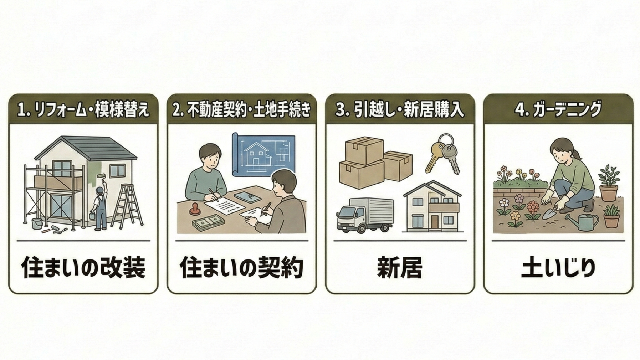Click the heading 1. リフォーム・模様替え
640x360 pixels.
pyautogui.click(x=83, y=110)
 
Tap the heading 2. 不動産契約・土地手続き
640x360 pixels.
pyautogui.click(x=241, y=110)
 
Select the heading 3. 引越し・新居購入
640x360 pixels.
pyautogui.click(x=400, y=110)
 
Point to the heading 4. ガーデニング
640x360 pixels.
pyautogui.click(x=558, y=110)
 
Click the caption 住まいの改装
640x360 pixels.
pyautogui.click(x=83, y=268)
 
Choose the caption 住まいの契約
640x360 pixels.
pyautogui.click(x=241, y=268)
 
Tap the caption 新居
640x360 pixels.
pyautogui.click(x=400, y=268)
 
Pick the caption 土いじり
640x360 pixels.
pyautogui.click(x=558, y=268)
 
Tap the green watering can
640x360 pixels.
pyautogui.click(x=585, y=222)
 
